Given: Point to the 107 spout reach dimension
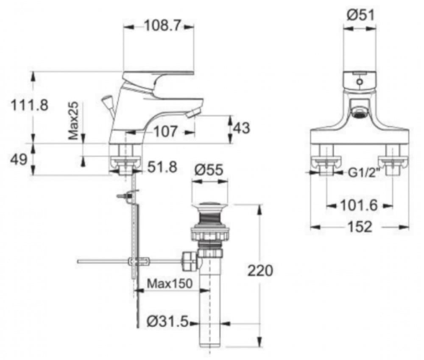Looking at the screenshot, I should pyautogui.click(x=165, y=132).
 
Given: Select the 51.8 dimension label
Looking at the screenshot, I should pyautogui.click(x=162, y=167).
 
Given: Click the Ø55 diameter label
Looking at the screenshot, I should pyautogui.click(x=209, y=170).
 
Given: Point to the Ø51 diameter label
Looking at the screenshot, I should pyautogui.click(x=360, y=16).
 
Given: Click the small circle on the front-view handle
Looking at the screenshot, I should pyautogui.click(x=360, y=82).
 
